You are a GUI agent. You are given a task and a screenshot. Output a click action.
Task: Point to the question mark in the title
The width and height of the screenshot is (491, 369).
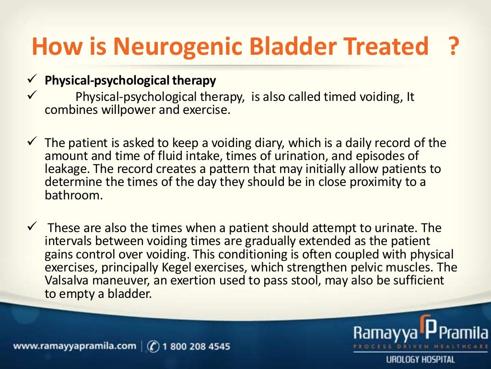click(452, 47)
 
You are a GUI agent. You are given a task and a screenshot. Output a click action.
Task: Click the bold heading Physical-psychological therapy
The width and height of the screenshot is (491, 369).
click(130, 80)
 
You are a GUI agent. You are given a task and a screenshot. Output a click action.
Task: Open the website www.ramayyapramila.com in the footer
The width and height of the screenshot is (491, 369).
click(75, 346)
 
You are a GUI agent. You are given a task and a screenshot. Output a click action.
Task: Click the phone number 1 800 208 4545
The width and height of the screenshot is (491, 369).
click(196, 346)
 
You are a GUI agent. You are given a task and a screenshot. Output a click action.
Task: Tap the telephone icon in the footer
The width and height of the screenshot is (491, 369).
click(154, 346)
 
